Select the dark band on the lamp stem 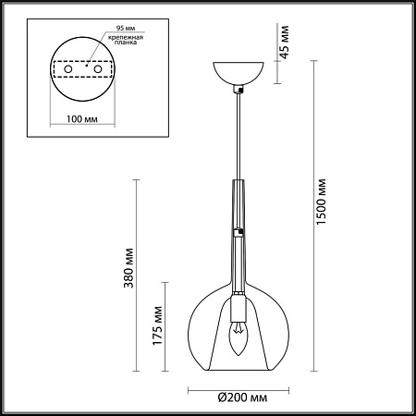point(239,230)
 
